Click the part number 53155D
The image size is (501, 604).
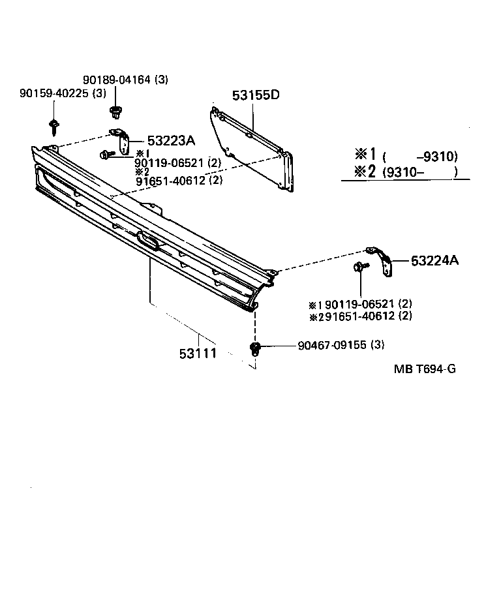click(256, 95)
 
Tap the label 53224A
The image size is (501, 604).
click(434, 261)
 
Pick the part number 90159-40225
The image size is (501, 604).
click(53, 93)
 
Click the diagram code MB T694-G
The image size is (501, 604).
click(424, 369)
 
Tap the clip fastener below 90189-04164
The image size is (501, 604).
click(116, 112)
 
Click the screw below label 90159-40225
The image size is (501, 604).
click(53, 123)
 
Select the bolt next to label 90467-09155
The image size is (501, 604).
click(256, 347)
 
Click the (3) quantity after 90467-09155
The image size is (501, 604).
click(377, 345)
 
